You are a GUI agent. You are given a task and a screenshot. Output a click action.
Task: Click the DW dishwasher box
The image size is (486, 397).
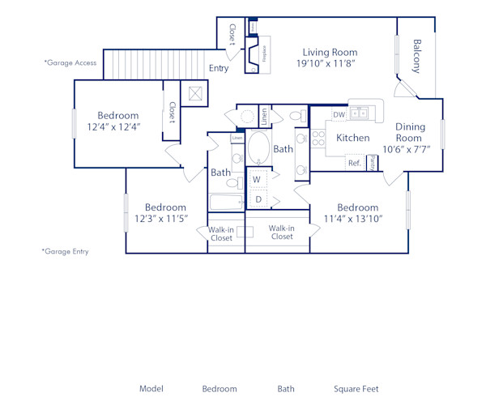point(339,115)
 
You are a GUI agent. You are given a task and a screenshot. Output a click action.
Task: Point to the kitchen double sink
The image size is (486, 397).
point(360,112)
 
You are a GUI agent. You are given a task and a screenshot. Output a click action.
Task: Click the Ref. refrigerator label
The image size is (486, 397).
point(354,163)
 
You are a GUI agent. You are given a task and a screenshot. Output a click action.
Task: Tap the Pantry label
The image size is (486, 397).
point(372,163)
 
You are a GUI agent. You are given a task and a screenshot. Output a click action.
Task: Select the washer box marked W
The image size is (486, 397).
point(257,179)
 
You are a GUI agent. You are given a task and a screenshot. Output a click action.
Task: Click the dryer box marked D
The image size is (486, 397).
point(258,198)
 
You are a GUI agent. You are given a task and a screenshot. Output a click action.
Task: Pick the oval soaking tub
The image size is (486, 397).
point(258,148)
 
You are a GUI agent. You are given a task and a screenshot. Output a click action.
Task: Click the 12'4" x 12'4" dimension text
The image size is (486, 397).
point(118,127)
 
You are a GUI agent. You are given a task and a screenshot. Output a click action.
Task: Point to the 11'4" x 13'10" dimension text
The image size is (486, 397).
point(357,218)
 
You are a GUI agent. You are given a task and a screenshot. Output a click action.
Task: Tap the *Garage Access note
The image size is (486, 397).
point(70,62)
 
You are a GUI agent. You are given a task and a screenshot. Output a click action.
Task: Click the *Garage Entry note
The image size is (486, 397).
point(65,252)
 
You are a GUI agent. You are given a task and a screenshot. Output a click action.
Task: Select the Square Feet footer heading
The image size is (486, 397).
point(356,389)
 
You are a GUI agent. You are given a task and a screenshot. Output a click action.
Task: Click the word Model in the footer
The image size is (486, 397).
point(151,389)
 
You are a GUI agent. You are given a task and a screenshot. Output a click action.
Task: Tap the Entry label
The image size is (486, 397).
point(219,69)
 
